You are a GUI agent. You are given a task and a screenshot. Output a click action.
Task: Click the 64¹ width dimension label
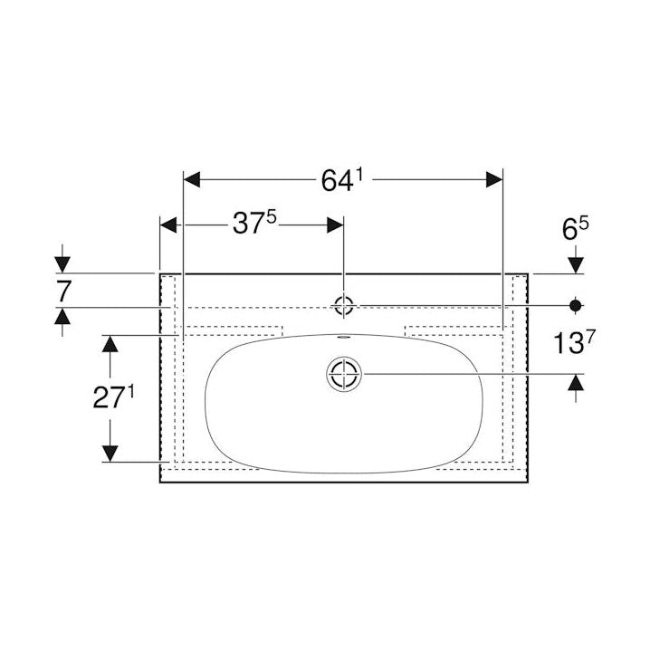pos(341,180)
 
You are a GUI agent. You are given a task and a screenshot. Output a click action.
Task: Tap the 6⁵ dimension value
pos(576,230)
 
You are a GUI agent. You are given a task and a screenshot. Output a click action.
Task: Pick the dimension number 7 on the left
pos(62,291)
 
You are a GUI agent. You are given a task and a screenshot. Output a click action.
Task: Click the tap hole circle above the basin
pos(343,305)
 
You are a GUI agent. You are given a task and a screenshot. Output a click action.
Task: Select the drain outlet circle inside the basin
pos(344,373)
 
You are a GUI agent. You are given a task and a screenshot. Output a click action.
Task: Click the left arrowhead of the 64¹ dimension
pos(192,179)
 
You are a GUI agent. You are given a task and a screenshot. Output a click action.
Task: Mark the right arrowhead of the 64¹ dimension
pos(493,179)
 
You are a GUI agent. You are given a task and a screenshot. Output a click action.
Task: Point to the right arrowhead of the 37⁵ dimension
pos(335,224)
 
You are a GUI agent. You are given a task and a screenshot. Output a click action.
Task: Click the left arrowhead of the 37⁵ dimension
pos(168,224)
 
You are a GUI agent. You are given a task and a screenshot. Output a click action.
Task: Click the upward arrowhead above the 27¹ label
pos(110,343)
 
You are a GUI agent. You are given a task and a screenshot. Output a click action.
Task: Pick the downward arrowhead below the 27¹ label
pos(110,453)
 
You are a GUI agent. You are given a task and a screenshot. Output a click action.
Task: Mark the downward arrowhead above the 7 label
pos(62,263)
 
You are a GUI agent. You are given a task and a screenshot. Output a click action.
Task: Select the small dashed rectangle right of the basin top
pos(453,330)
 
